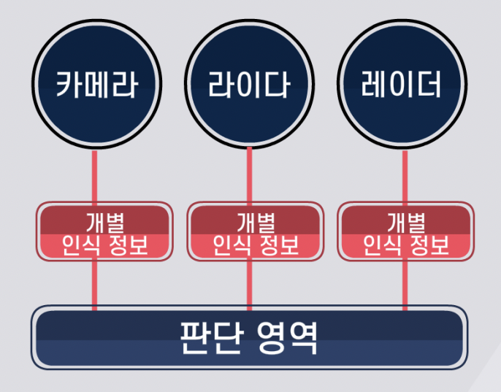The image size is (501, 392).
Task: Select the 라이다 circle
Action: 250,86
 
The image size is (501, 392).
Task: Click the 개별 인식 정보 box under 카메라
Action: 104,231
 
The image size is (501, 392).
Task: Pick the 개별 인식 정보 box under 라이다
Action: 256,231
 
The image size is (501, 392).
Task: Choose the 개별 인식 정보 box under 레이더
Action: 406,231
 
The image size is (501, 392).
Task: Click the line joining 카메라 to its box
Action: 94,175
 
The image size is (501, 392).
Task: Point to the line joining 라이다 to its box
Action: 250,175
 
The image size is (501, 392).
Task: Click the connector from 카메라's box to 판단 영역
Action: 94,285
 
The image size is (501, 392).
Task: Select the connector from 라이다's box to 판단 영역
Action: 250,285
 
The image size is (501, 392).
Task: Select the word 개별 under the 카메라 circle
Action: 104,220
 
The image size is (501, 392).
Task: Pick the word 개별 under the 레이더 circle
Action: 406,220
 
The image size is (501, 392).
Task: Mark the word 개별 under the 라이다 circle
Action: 256,220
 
